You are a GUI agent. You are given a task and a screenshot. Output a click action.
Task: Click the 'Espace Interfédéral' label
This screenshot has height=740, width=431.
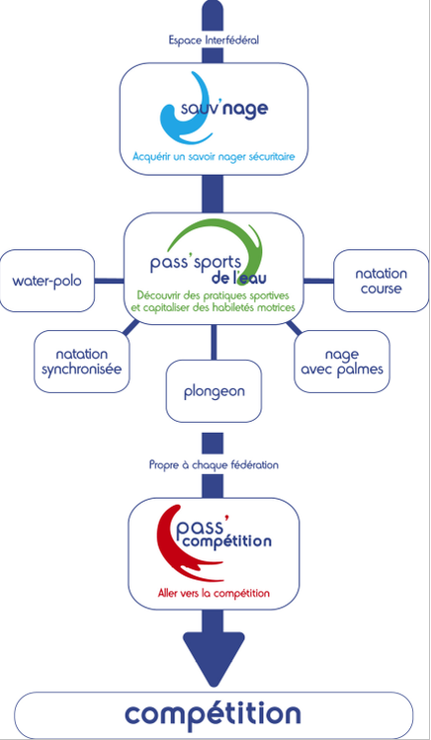pos(214,41)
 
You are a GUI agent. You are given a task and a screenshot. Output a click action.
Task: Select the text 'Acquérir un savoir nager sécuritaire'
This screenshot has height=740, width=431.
pos(214,156)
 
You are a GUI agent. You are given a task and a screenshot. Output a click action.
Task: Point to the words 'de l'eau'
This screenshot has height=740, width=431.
pos(239,276)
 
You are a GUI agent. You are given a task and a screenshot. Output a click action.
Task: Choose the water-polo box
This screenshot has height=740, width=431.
pos(47,281)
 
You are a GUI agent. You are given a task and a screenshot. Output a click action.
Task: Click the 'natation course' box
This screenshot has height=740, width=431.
pos(381,281)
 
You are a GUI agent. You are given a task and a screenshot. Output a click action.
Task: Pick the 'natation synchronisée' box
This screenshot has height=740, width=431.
pos(82,361)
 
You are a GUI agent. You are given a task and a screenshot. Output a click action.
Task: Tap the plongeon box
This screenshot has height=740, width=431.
pos(214,391)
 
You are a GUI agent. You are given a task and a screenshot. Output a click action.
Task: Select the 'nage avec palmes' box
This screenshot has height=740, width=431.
pos(342,361)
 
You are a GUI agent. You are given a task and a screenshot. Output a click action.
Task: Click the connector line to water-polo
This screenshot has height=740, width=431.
pos(109,281)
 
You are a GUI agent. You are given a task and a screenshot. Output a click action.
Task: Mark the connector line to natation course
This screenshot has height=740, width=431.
pos(318,281)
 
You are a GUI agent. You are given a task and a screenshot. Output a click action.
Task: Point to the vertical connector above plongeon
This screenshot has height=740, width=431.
pos(214,342)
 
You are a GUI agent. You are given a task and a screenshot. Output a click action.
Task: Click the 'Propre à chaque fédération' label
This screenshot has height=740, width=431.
pos(214,464)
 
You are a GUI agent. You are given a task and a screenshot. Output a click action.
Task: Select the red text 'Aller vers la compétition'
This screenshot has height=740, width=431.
pos(214,593)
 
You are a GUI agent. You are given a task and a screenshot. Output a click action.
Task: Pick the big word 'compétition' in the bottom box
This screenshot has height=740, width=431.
pos(213,714)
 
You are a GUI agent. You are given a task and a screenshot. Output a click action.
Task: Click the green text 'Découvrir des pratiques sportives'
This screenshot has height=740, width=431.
pos(213,295)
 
